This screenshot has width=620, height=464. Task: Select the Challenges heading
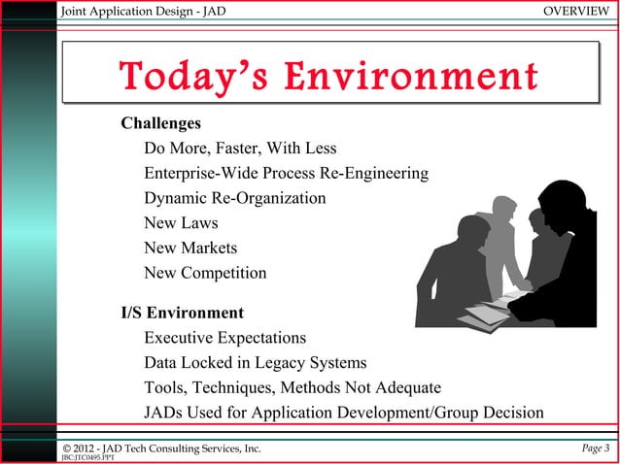pos(160,124)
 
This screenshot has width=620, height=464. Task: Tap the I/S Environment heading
pos(182,314)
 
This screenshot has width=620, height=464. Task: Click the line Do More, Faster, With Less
pos(240,149)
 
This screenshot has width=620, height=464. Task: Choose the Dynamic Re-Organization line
pos(235,198)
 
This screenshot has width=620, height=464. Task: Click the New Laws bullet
pos(181,223)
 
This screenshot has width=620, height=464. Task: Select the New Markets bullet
pos(190,249)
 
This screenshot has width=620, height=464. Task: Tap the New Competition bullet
pos(205,273)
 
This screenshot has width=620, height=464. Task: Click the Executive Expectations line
pos(225,339)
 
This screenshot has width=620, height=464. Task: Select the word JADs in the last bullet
pos(166,413)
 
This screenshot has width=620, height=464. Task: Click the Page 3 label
pos(592,447)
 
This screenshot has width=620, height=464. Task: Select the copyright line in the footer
pos(161,447)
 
